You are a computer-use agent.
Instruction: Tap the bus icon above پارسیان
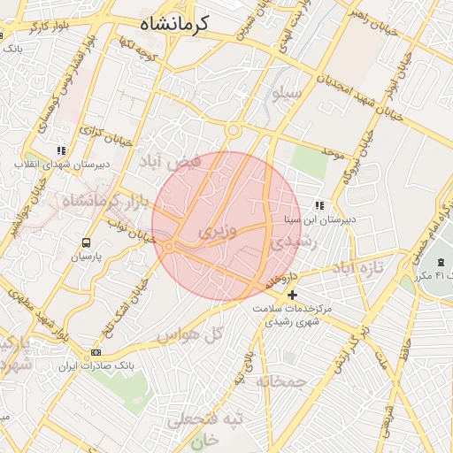(87, 242)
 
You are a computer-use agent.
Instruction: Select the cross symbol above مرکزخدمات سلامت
(293, 295)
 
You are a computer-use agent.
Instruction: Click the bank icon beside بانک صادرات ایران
(96, 353)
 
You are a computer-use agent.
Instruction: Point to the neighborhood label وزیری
(218, 233)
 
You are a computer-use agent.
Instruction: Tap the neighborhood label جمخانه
(281, 381)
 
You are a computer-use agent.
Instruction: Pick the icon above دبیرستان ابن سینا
(319, 205)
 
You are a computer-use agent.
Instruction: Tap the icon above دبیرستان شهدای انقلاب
(61, 151)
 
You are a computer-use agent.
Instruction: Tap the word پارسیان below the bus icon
(87, 257)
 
